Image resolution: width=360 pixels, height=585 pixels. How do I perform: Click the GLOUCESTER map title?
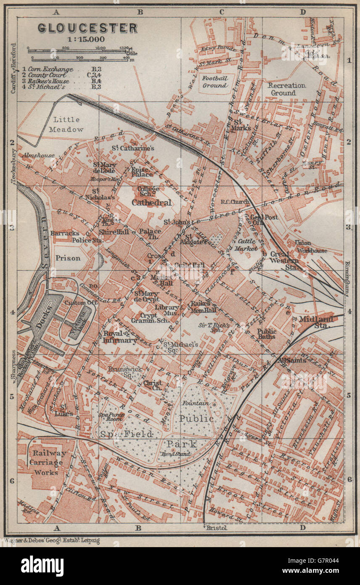[87, 28]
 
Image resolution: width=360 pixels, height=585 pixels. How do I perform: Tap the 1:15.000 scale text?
[87, 40]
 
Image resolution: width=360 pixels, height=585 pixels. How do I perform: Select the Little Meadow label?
[66, 125]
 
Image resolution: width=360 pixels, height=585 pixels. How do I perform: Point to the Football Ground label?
[214, 81]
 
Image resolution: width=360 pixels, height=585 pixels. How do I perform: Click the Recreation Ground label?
[287, 89]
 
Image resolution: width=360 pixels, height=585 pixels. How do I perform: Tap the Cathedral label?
[151, 203]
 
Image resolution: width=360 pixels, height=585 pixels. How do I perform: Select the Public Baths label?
[267, 334]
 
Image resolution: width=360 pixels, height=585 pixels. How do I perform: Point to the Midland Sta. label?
[315, 322]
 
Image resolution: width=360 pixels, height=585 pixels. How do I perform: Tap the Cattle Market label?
[247, 245]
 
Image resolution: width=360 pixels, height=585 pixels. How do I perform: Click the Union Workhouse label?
[311, 247]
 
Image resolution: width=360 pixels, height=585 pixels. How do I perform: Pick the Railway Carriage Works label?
[47, 463]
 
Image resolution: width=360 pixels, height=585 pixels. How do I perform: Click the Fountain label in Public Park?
[195, 403]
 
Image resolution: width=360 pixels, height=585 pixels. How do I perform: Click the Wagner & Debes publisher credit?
[52, 540]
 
